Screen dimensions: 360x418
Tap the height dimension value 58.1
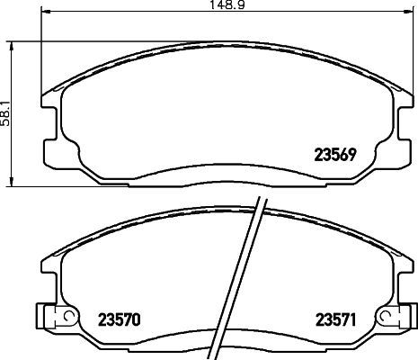tap(5, 112)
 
